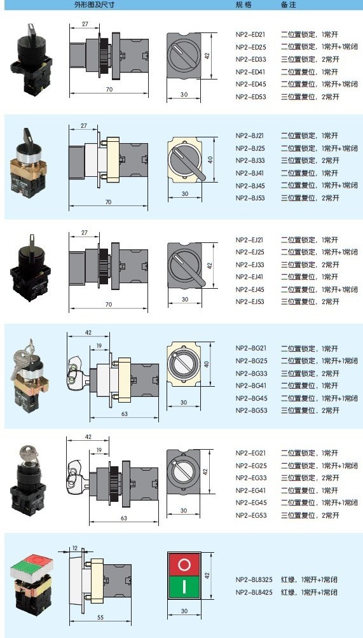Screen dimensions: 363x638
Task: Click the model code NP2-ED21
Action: click(x=250, y=34)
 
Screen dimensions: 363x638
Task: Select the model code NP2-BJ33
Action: click(x=250, y=161)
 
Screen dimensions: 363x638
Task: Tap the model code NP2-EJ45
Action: click(x=250, y=289)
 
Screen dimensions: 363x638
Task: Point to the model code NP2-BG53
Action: click(x=251, y=410)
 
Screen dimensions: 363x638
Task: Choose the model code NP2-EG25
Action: click(x=251, y=466)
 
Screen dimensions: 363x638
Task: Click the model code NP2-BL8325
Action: click(x=254, y=579)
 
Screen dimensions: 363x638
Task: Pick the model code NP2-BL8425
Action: click(x=254, y=592)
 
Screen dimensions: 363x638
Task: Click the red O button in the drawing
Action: click(x=184, y=564)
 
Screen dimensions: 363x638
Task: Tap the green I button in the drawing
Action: click(x=184, y=586)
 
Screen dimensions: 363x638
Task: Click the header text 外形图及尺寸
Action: click(x=94, y=5)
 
